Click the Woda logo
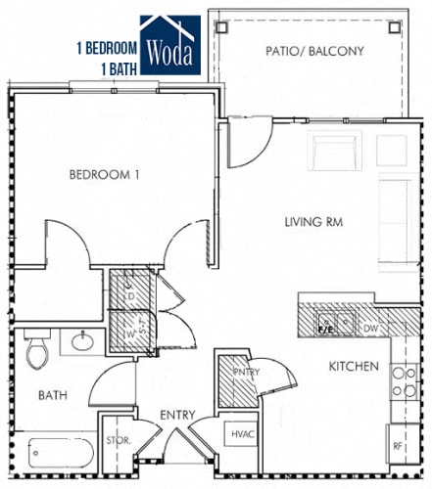tap(170, 46)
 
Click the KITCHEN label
tap(353, 366)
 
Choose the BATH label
tap(52, 396)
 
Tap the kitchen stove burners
tap(403, 381)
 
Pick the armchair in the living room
tap(336, 151)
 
